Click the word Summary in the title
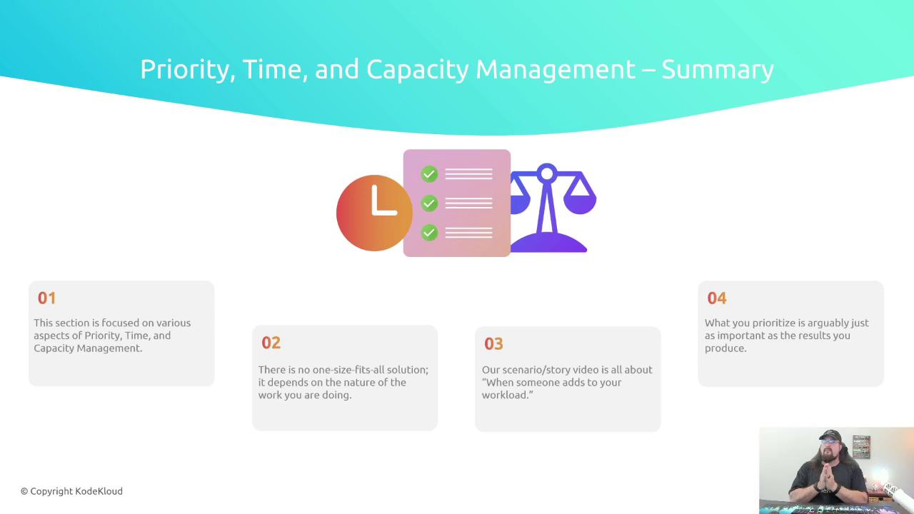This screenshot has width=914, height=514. [718, 69]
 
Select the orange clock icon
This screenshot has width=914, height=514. [374, 213]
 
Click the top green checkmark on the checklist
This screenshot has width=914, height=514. [429, 174]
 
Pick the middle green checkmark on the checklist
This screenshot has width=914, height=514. [429, 203]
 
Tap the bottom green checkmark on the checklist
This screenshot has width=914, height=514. [429, 233]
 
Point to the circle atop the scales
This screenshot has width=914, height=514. [547, 174]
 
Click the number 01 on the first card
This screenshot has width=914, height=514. [46, 298]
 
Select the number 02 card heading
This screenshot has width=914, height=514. [271, 343]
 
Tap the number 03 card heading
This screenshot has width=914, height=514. [493, 344]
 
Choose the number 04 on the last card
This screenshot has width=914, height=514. [717, 298]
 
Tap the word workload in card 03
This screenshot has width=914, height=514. [504, 395]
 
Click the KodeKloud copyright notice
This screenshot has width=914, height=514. [71, 492]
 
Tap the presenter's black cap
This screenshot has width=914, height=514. [830, 435]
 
